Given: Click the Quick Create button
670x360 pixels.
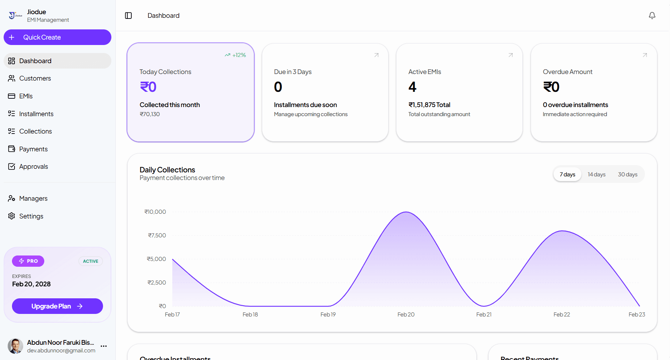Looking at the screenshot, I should (x=57, y=37).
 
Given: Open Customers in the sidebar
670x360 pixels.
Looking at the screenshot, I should (x=35, y=78).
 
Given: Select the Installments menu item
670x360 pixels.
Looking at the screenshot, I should (x=36, y=114).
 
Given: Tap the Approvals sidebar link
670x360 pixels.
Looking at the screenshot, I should (x=33, y=167).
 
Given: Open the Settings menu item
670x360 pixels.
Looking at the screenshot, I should (x=31, y=216).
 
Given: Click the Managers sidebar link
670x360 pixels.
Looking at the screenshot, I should (x=33, y=199).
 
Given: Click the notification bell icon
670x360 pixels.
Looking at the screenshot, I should (x=652, y=16).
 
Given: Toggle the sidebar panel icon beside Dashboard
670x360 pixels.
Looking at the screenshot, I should (x=128, y=16).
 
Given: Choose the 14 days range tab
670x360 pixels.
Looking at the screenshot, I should (x=596, y=175).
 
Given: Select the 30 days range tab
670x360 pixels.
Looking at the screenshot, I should (x=628, y=175).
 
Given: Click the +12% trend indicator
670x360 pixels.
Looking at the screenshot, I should (x=235, y=55).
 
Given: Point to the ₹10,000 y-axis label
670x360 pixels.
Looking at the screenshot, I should (x=155, y=212).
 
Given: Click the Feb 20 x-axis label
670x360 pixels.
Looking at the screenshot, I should (x=406, y=315).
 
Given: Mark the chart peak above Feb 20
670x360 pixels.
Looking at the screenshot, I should (x=406, y=212).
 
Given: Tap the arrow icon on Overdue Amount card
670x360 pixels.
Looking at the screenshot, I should (x=645, y=55).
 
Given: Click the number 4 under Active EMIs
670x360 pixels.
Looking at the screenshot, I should (x=412, y=87).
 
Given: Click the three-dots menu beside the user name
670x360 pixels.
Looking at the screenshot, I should (x=104, y=346).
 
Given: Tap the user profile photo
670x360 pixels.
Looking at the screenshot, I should (x=15, y=346).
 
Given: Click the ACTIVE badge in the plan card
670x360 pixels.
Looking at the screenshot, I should (x=91, y=261).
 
